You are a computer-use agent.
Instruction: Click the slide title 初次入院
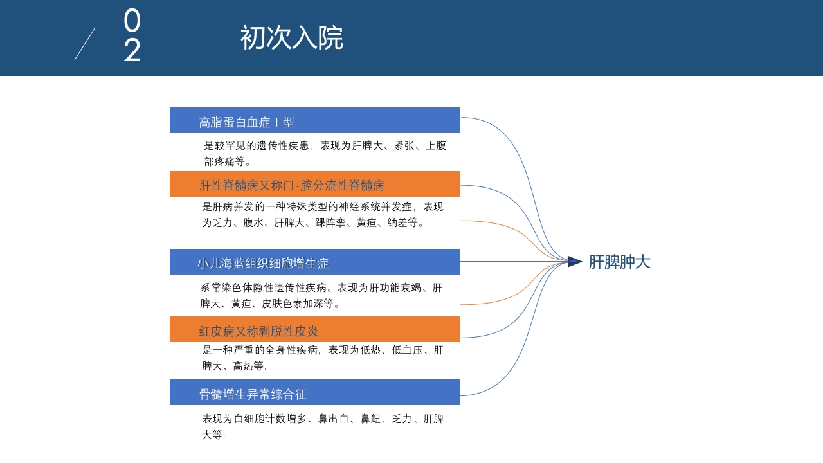(291, 38)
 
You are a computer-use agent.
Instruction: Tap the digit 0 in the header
(132, 21)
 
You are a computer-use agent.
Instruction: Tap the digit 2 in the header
(132, 50)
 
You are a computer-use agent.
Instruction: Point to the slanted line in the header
(85, 44)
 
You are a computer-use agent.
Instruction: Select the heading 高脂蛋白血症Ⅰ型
(246, 122)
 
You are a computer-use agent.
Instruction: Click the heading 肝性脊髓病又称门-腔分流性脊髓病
(291, 185)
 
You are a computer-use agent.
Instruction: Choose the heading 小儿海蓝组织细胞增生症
(262, 263)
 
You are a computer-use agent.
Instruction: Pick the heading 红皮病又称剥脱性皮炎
(258, 331)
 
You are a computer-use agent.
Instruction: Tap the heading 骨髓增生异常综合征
(253, 394)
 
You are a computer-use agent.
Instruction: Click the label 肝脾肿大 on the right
(619, 262)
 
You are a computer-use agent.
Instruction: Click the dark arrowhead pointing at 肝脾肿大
(575, 262)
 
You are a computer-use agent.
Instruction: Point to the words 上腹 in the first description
(436, 145)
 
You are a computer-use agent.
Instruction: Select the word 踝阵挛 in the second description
(330, 222)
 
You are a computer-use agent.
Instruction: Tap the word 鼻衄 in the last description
(370, 419)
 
